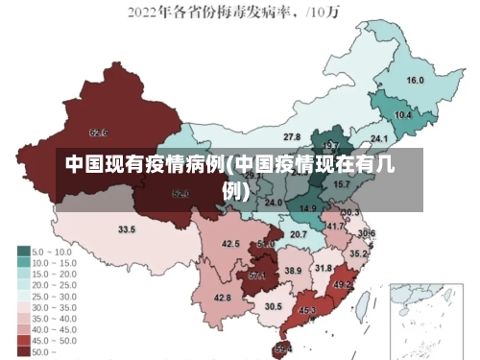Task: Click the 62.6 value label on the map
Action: point(98,132)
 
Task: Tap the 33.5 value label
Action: point(127,230)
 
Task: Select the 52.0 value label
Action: point(180,194)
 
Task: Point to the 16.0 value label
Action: point(416,81)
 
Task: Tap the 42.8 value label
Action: point(223,299)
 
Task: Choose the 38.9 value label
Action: point(293,272)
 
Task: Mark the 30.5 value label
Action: point(275,306)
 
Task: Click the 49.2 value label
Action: point(342,285)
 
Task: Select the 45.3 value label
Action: point(307,311)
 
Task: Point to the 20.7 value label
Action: point(299,234)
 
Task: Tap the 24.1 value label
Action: point(379,138)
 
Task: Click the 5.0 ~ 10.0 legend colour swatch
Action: point(23,251)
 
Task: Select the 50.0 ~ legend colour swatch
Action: point(23,351)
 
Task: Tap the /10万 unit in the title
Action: point(330,13)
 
